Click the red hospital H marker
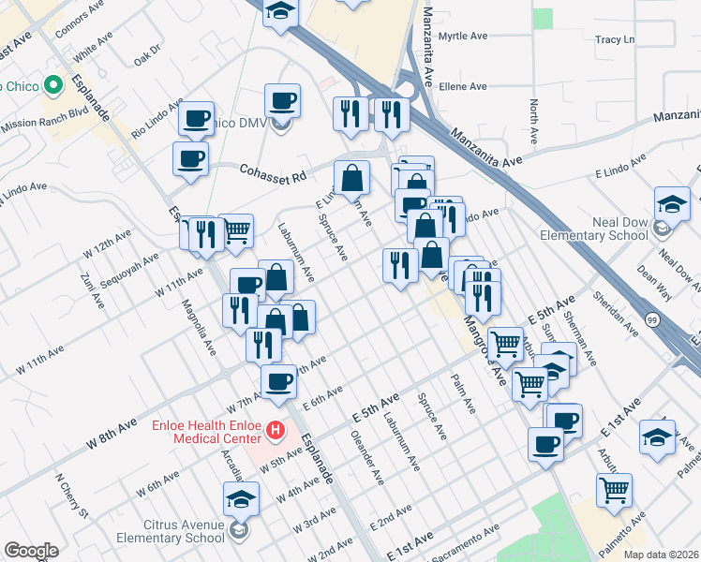[x=276, y=431]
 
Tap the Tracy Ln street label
[x=615, y=40]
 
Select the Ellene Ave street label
[x=463, y=86]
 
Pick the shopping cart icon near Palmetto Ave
[x=614, y=488]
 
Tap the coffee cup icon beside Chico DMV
[x=282, y=99]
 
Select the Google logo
[x=31, y=551]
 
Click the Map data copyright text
[x=661, y=555]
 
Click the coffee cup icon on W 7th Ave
[x=278, y=380]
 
